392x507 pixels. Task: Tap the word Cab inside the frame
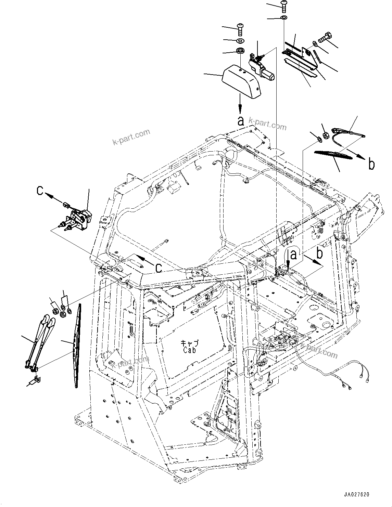coord(189,350)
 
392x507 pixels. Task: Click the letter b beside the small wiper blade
coord(371,165)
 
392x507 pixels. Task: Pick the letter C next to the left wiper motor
coord(40,191)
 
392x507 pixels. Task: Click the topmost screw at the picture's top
coord(284,5)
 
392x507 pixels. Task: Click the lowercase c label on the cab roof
coord(159,268)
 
